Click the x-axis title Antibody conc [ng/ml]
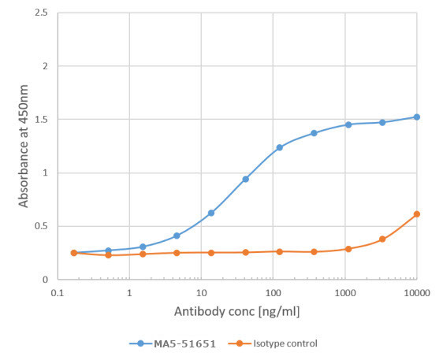(x=236, y=310)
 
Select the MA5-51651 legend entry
(x=172, y=343)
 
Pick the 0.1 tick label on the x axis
(x=57, y=292)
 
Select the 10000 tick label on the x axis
(x=416, y=292)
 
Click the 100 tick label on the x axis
(x=273, y=292)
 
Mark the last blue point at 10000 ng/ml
(x=417, y=117)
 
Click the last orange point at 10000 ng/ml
(x=417, y=214)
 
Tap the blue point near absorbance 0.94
(x=246, y=179)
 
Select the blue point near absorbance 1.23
(x=280, y=147)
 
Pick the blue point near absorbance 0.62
(x=211, y=213)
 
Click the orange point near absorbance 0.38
(x=382, y=239)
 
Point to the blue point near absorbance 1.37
(x=314, y=133)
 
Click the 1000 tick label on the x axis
(x=344, y=292)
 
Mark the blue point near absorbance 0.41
(x=177, y=236)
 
